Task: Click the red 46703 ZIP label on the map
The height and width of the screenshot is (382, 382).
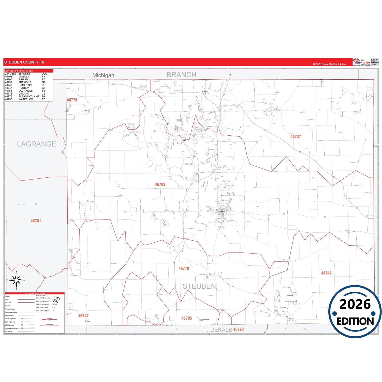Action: (160, 185)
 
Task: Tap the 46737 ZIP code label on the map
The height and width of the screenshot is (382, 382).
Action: (296, 137)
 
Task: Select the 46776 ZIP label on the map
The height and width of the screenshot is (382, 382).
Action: (72, 100)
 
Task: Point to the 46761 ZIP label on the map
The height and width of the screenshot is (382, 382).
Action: (36, 221)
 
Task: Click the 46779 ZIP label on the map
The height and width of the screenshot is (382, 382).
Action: (184, 268)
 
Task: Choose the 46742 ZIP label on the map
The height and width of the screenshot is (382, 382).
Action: (326, 273)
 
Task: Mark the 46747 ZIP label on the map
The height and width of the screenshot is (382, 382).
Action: (83, 316)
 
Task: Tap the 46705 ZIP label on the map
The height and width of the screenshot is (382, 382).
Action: (187, 318)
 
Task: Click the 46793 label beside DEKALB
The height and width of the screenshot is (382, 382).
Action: (238, 329)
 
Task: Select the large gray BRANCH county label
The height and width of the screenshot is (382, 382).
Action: (181, 75)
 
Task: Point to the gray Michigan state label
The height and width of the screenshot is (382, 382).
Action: (103, 75)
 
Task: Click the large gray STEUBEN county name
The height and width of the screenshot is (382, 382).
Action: (199, 286)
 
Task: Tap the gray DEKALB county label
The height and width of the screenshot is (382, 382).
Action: (221, 330)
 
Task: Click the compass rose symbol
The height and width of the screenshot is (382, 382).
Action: (16, 280)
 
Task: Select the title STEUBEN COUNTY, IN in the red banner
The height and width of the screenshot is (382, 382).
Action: (24, 62)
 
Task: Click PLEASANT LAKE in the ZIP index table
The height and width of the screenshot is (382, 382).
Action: (29, 96)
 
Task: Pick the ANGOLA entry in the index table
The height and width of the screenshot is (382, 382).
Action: (24, 77)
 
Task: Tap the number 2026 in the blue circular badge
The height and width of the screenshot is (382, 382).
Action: (355, 304)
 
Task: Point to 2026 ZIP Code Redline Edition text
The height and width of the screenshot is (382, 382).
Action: (329, 64)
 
